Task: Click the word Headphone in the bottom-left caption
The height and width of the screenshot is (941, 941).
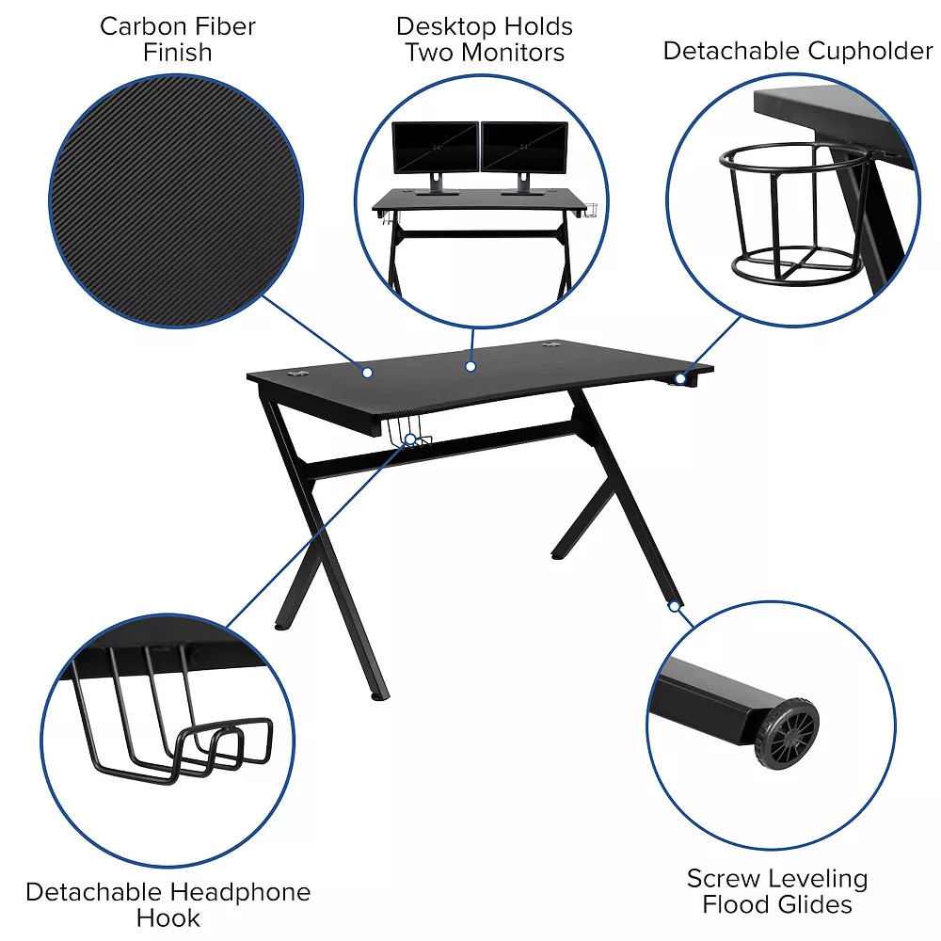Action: pyautogui.click(x=237, y=892)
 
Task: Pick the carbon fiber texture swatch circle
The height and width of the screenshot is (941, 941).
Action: pyautogui.click(x=176, y=201)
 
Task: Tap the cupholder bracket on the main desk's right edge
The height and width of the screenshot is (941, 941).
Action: pyautogui.click(x=683, y=378)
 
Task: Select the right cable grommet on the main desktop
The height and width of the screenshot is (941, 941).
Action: pyautogui.click(x=551, y=345)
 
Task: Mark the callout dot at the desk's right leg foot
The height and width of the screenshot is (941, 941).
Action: pyautogui.click(x=675, y=607)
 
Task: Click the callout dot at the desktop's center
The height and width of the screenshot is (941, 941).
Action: pyautogui.click(x=470, y=366)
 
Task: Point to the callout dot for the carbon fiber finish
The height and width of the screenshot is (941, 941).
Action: pyautogui.click(x=368, y=373)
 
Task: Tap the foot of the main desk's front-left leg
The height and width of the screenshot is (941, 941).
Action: pyautogui.click(x=378, y=696)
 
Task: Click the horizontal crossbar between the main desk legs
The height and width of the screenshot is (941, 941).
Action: pyautogui.click(x=442, y=451)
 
